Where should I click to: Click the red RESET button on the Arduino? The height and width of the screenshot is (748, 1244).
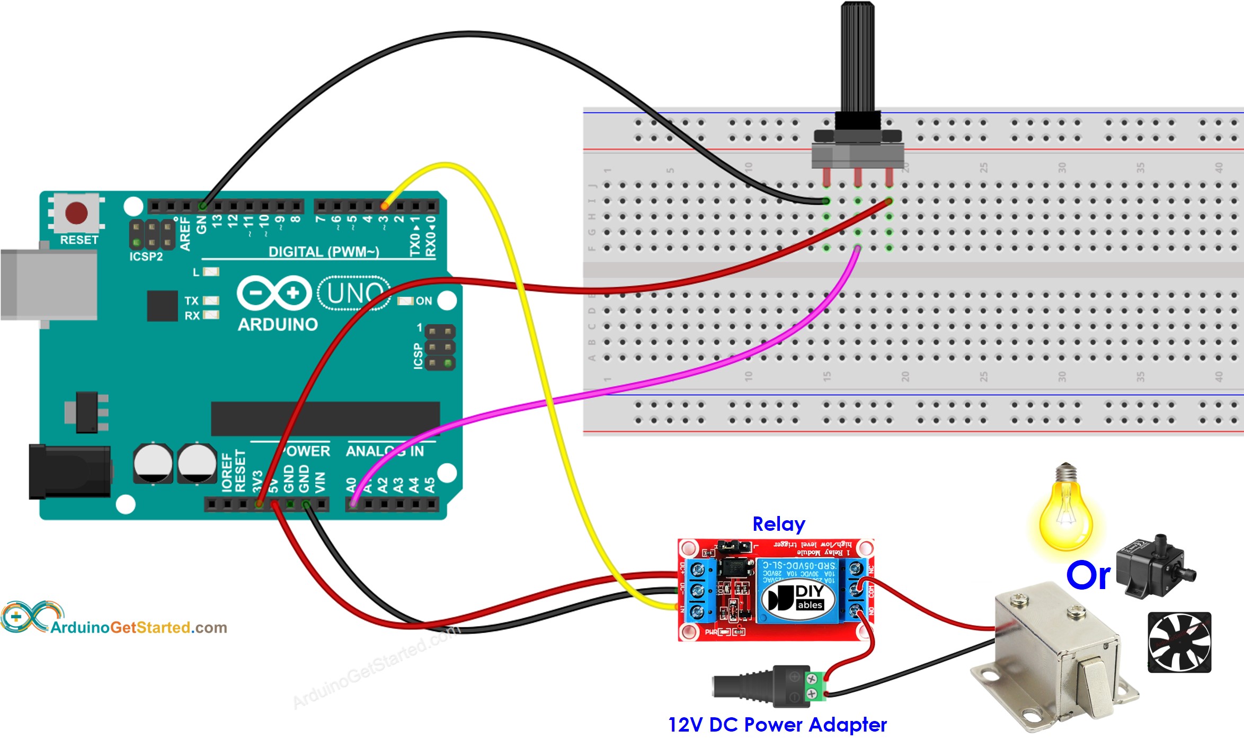pyautogui.click(x=76, y=213)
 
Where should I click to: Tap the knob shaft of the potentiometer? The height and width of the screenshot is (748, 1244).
pyautogui.click(x=857, y=53)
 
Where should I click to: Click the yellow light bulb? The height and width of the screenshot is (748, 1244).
pyautogui.click(x=1065, y=514)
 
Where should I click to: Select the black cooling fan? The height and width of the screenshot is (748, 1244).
pyautogui.click(x=1179, y=642)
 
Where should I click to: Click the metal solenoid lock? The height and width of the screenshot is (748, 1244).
pyautogui.click(x=1054, y=657)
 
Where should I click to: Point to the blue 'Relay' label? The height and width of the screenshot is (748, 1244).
pyautogui.click(x=778, y=524)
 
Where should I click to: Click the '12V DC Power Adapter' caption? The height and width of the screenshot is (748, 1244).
pyautogui.click(x=777, y=724)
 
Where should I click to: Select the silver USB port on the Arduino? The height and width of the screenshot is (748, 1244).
pyautogui.click(x=48, y=284)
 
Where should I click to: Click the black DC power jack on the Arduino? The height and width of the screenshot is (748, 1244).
pyautogui.click(x=69, y=472)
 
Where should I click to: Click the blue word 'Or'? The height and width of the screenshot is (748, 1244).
pyautogui.click(x=1088, y=575)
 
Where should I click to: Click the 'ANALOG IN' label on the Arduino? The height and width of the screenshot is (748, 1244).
pyautogui.click(x=385, y=451)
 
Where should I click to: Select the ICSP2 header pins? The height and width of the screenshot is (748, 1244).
pyautogui.click(x=152, y=234)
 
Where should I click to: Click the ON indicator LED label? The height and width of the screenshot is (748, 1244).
pyautogui.click(x=423, y=301)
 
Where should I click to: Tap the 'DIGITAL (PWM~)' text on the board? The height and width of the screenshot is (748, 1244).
pyautogui.click(x=324, y=252)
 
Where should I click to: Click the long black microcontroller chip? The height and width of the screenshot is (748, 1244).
pyautogui.click(x=325, y=418)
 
